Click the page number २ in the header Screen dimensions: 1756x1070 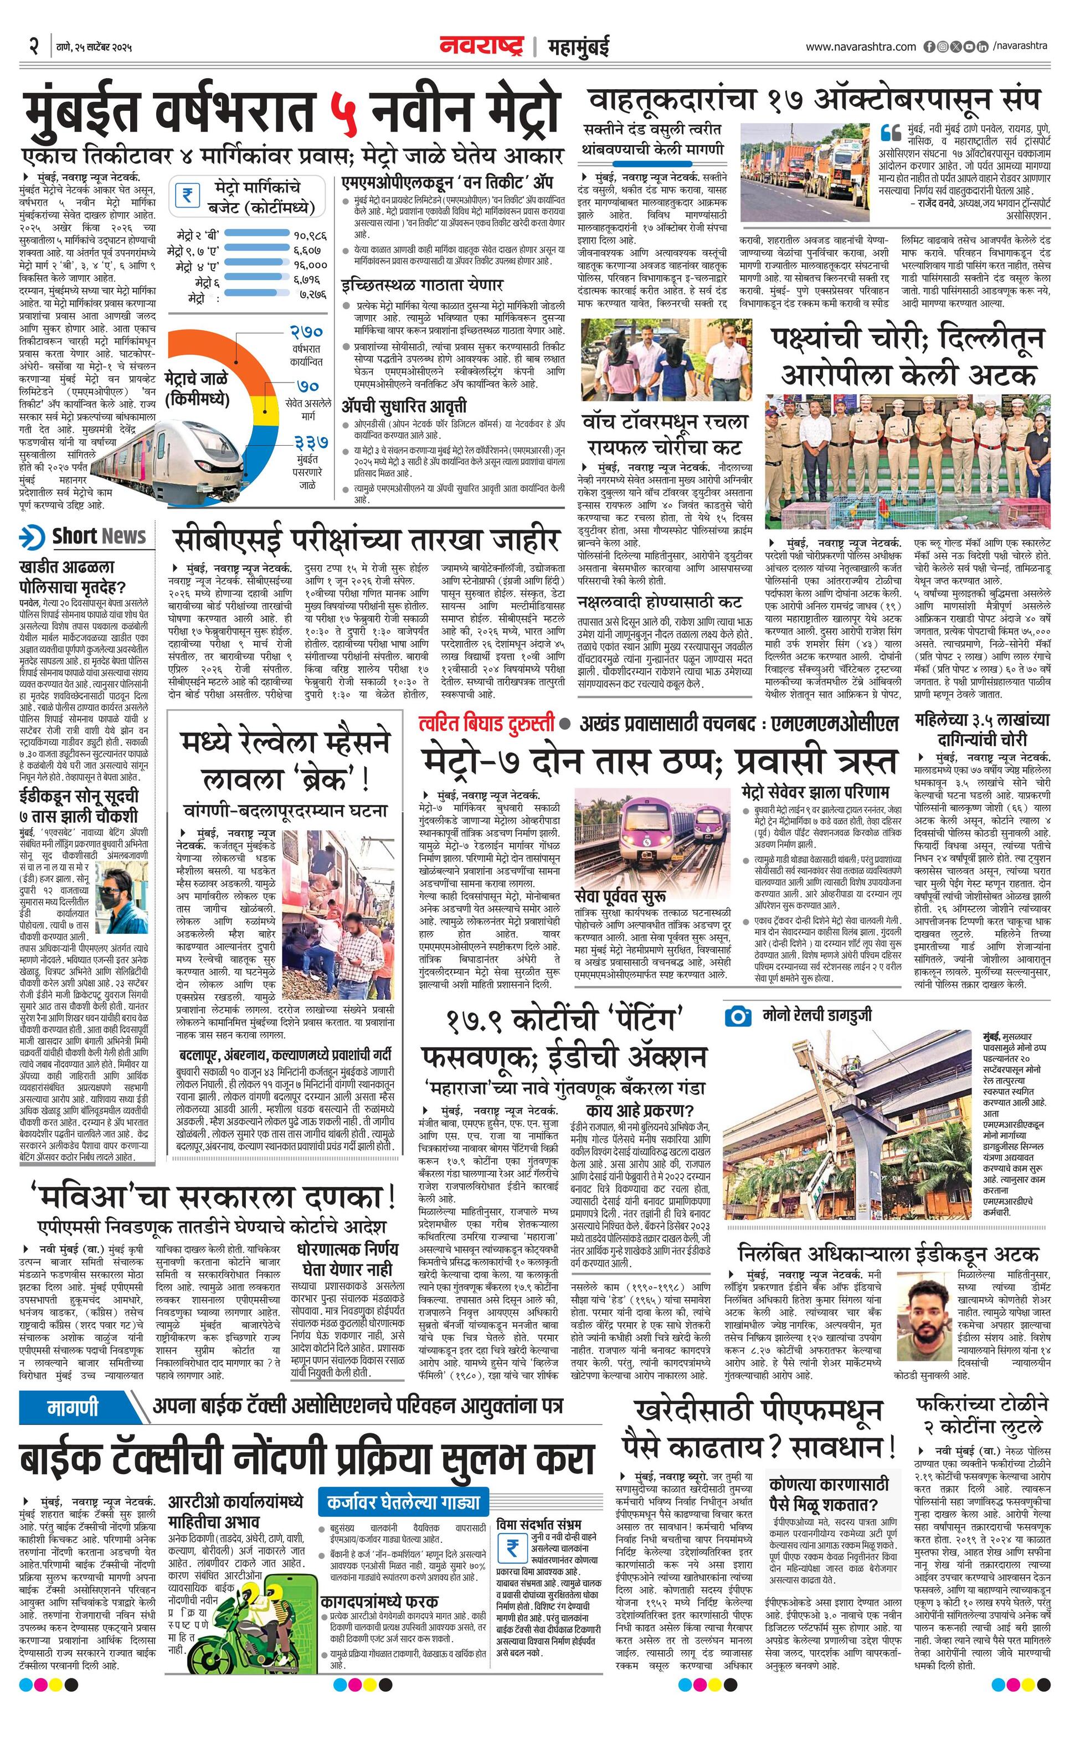click(33, 47)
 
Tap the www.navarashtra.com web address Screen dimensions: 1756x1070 click(861, 47)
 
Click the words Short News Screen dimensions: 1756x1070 click(99, 536)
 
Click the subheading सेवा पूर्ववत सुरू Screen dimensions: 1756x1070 click(621, 895)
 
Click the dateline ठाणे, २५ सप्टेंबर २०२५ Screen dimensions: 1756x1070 click(94, 47)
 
